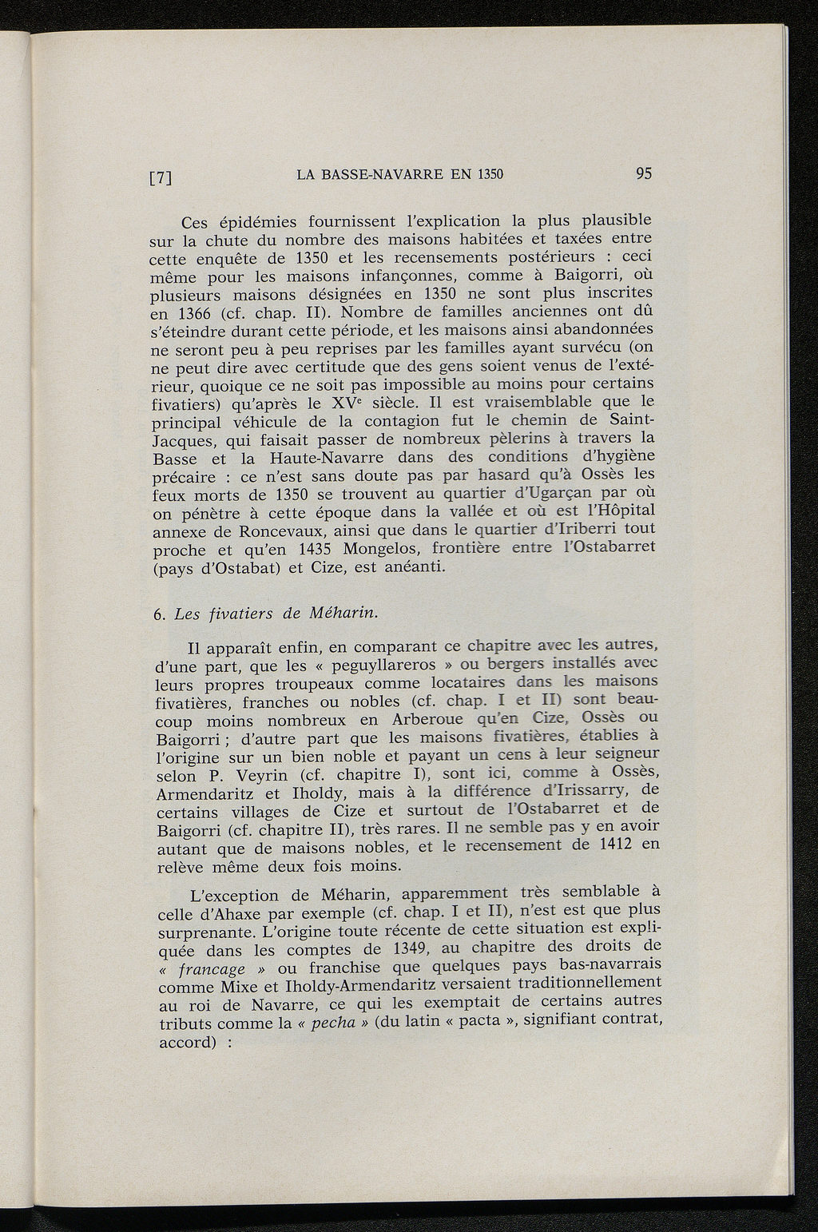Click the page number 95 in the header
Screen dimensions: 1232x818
(x=645, y=173)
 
